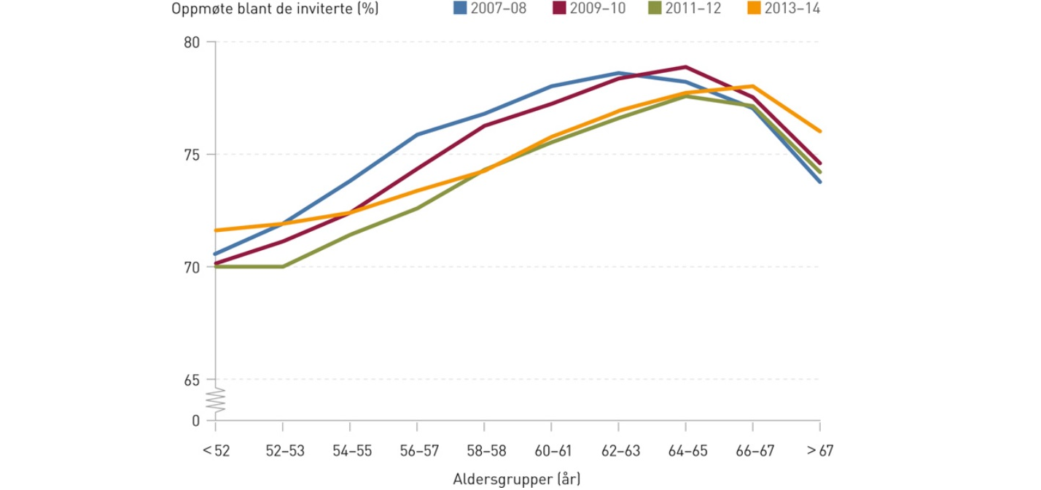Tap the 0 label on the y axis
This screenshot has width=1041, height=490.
(195, 421)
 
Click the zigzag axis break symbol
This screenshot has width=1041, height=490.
(217, 400)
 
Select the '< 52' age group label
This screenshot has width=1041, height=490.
(216, 451)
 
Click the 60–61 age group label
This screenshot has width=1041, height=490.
(552, 451)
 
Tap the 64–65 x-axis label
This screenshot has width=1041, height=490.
(687, 451)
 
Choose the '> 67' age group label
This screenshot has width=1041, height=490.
(820, 451)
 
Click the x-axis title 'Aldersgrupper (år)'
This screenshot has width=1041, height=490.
(518, 478)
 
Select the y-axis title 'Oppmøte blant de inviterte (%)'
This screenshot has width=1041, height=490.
(276, 9)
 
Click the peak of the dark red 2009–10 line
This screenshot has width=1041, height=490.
(686, 66)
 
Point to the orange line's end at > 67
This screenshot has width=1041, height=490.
(820, 131)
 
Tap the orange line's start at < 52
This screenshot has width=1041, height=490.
(216, 230)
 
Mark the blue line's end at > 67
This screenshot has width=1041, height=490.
(820, 182)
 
